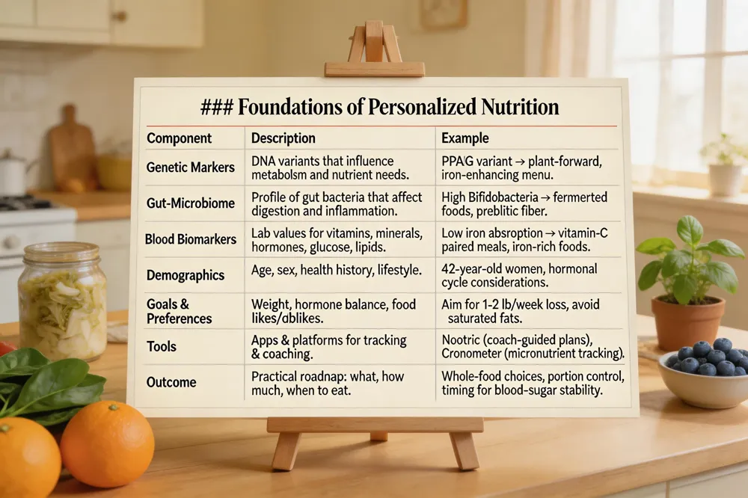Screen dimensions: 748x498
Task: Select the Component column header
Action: [x=179, y=138]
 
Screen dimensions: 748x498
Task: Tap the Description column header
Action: [x=283, y=138]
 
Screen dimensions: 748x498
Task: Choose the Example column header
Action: [x=465, y=138]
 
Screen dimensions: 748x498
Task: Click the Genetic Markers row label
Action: [x=190, y=167]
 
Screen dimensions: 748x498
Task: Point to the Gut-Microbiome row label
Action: [x=190, y=203]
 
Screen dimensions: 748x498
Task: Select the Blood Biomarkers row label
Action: [x=190, y=239]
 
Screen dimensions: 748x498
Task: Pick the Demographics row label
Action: [x=185, y=275]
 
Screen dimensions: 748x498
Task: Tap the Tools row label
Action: [x=162, y=346]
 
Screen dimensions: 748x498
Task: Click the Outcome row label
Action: [x=171, y=382]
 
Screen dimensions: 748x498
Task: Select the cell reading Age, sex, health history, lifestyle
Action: [x=337, y=271]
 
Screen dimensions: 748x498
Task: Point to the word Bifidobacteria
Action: [x=504, y=197]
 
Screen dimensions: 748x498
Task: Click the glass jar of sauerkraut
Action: [x=63, y=301]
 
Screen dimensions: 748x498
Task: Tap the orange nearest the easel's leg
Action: [x=107, y=443]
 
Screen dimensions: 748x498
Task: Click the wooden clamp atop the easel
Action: [x=375, y=49]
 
